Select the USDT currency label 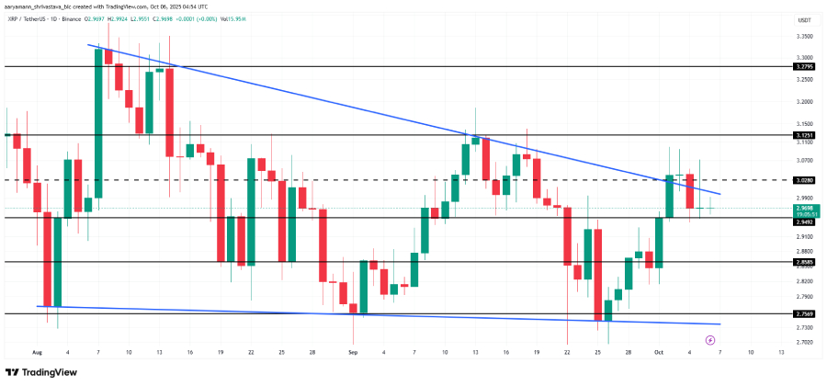point(803,20)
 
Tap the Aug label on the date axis point(38,352)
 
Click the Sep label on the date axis point(353,352)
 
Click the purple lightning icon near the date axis point(708,338)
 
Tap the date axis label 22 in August point(250,352)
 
